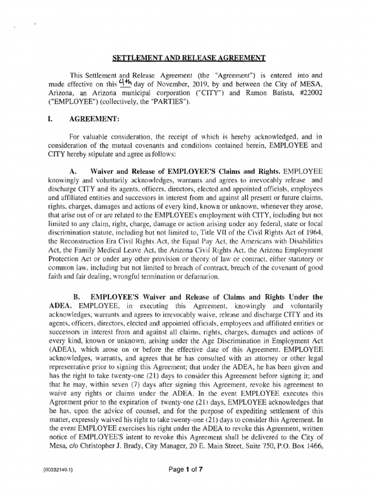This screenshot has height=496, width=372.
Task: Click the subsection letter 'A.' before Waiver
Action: (74, 171)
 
